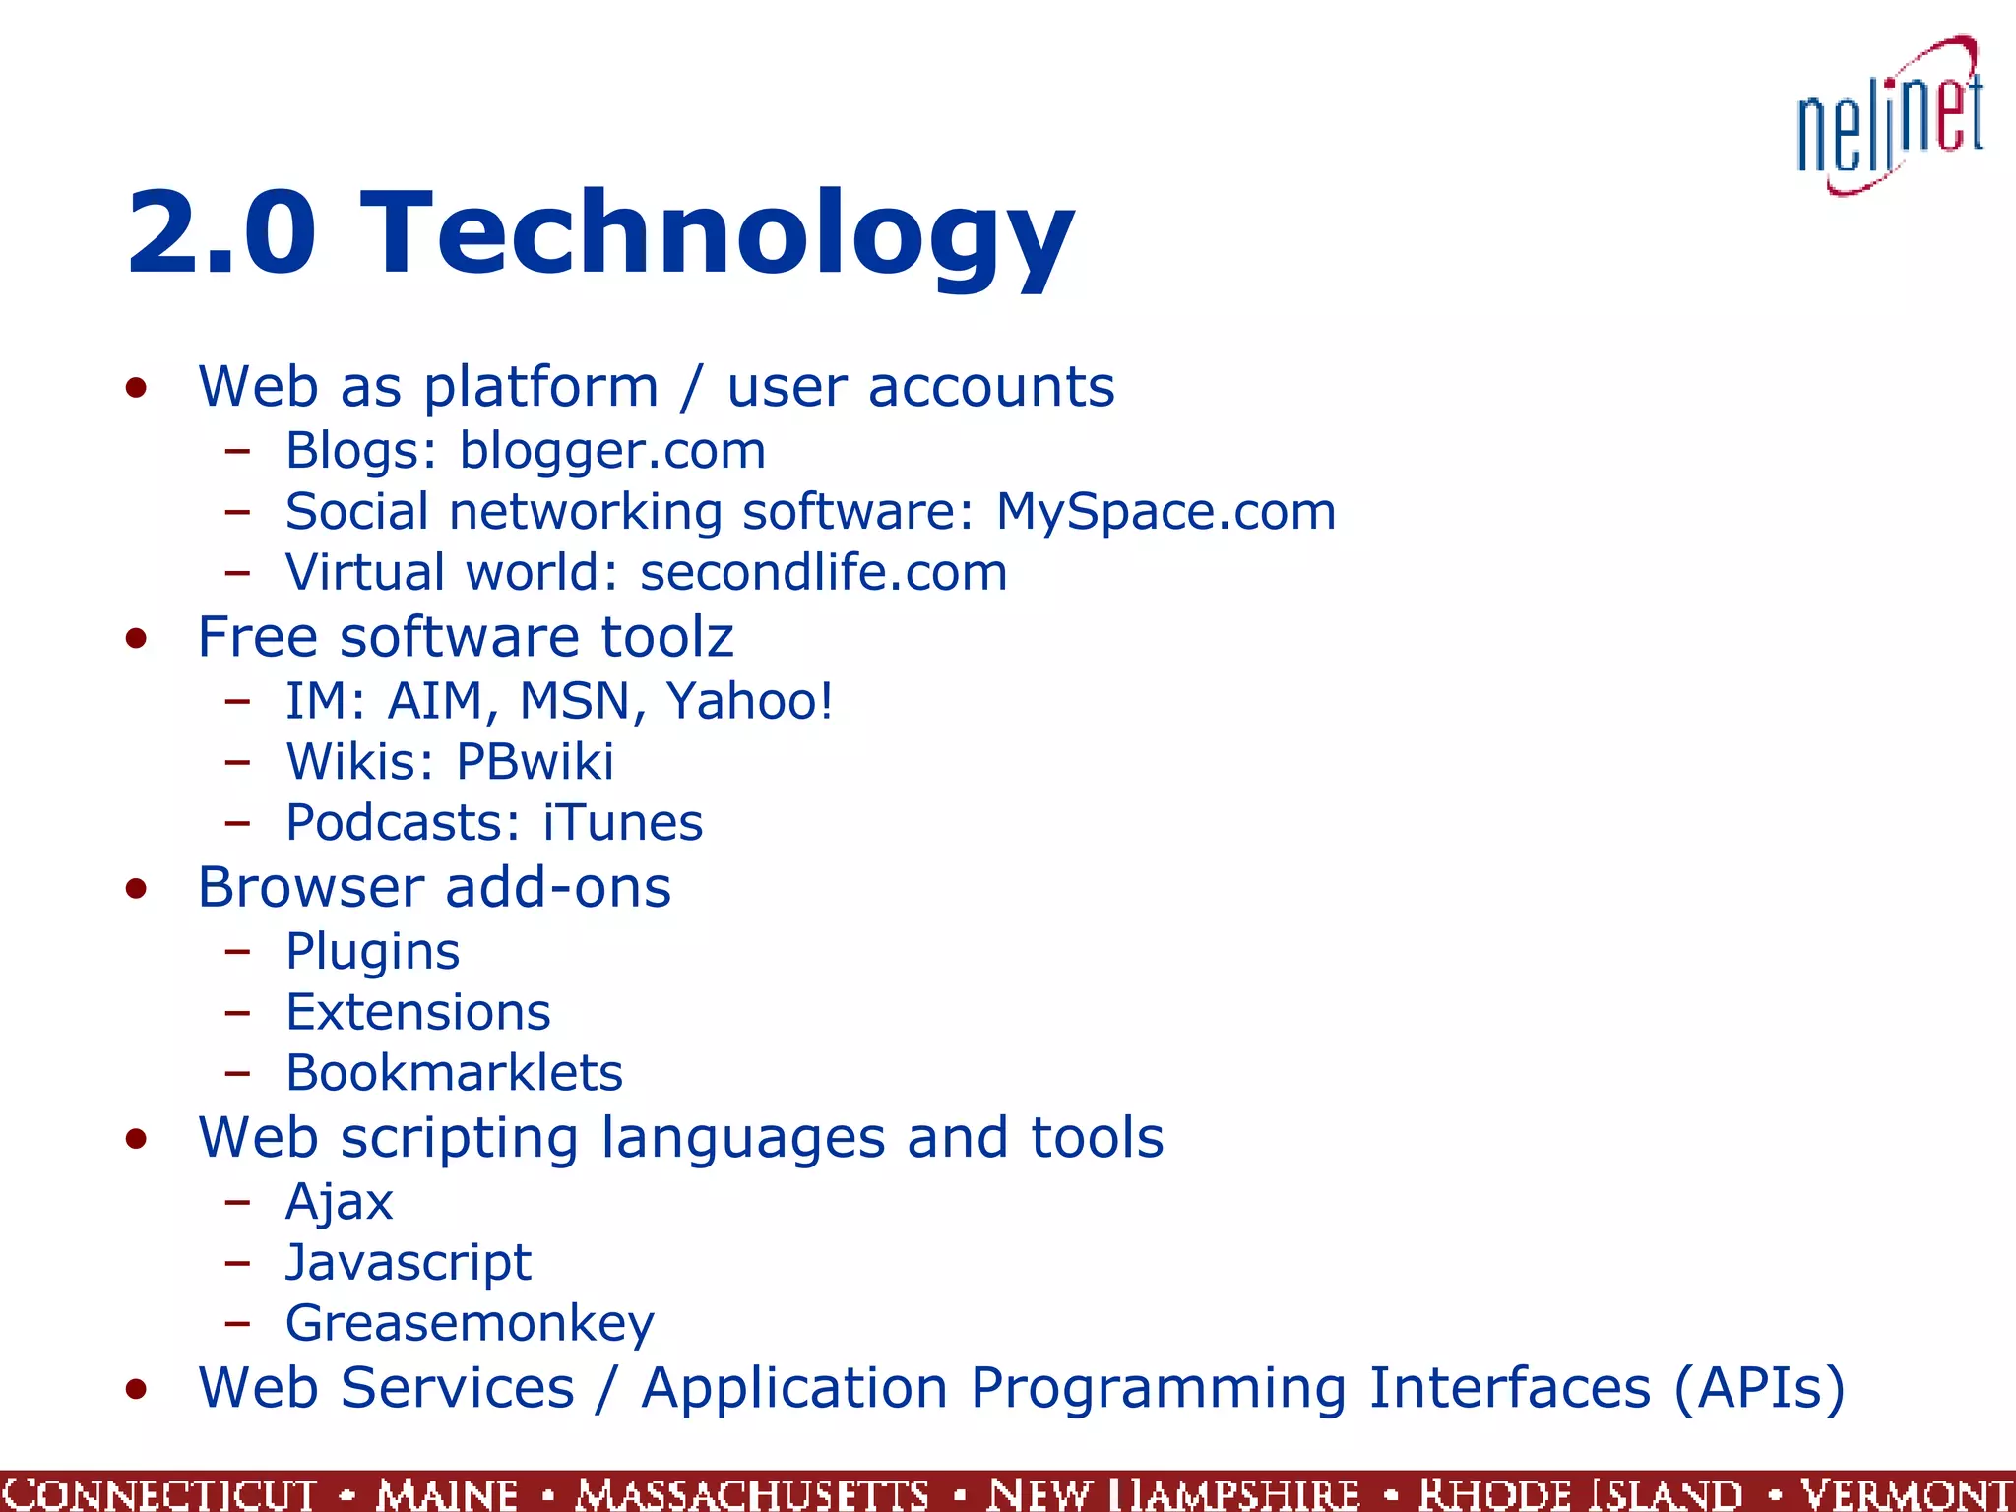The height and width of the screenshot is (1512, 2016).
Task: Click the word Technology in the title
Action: coord(718,234)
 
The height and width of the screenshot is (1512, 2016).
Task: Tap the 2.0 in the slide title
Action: coord(221,234)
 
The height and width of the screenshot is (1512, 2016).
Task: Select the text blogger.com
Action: coord(612,452)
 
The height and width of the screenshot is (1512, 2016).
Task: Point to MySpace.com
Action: coord(1165,513)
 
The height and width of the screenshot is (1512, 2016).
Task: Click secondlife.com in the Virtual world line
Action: coord(824,573)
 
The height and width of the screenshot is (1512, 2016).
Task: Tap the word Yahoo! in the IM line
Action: coord(750,701)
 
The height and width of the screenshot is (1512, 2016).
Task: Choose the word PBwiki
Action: coord(535,762)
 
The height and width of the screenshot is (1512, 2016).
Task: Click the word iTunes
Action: coord(623,823)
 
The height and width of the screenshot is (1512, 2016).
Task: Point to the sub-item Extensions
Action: coord(417,1013)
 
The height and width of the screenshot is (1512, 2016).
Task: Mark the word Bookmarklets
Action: coord(454,1073)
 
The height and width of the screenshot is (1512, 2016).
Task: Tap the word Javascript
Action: coord(408,1263)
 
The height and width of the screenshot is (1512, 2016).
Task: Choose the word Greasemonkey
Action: coord(470,1324)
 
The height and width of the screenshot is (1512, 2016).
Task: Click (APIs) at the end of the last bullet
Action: coord(1758,1389)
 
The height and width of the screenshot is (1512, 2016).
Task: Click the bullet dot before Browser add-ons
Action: coord(136,889)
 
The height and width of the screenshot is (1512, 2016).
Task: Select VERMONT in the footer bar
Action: coord(1906,1493)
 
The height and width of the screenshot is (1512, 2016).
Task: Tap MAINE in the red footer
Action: coord(447,1493)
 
